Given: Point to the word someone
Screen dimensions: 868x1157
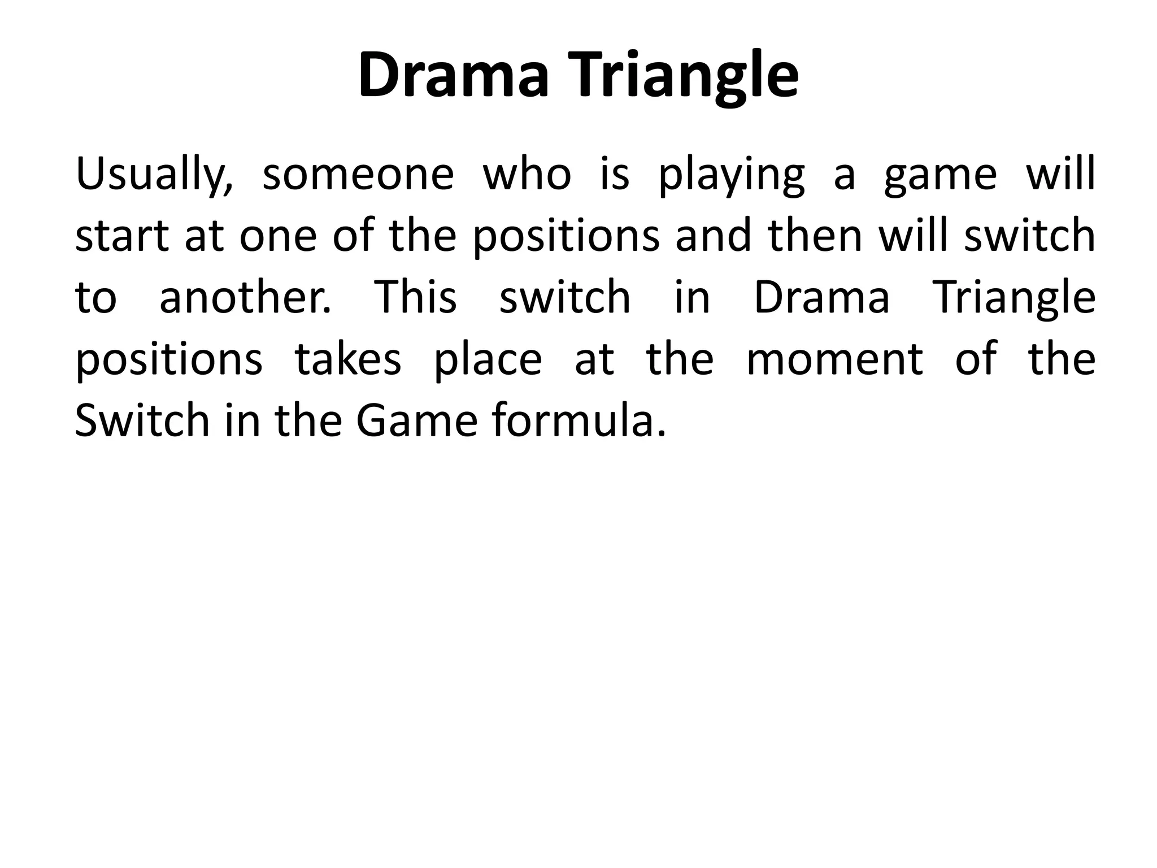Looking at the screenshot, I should tap(358, 174).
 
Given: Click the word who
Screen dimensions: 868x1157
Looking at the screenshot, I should tap(527, 174).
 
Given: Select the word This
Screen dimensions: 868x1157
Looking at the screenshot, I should tap(416, 297).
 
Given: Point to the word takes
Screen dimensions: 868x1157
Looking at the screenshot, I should tap(348, 359).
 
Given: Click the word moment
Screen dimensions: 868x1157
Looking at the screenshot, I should tap(834, 359).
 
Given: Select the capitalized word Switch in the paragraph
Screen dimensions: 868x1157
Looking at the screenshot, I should tap(142, 420).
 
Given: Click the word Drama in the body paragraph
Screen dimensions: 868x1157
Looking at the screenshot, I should tap(822, 297).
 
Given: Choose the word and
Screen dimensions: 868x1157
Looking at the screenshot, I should tap(713, 236).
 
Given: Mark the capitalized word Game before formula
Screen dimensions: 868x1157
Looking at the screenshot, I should tap(417, 420).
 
